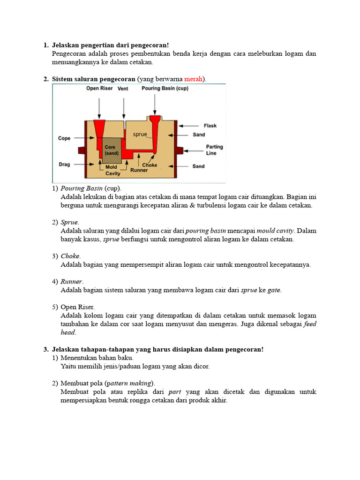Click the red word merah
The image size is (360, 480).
[x=193, y=79]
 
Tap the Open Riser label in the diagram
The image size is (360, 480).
[x=99, y=89]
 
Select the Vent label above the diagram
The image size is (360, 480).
[x=123, y=89]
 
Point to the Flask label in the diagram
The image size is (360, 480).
[x=210, y=126]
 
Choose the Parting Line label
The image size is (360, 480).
[x=214, y=150]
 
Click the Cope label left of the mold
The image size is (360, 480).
[x=64, y=138]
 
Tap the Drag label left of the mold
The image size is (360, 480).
[x=64, y=164]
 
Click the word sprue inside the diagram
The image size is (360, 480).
[x=140, y=135]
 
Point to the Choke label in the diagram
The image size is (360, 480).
[x=150, y=165]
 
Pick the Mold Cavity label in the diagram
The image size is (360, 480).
[x=112, y=170]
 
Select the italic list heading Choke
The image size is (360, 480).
[x=70, y=256]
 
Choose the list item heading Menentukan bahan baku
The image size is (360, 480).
[x=97, y=358]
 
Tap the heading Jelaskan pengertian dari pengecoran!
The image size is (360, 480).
[x=111, y=45]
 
